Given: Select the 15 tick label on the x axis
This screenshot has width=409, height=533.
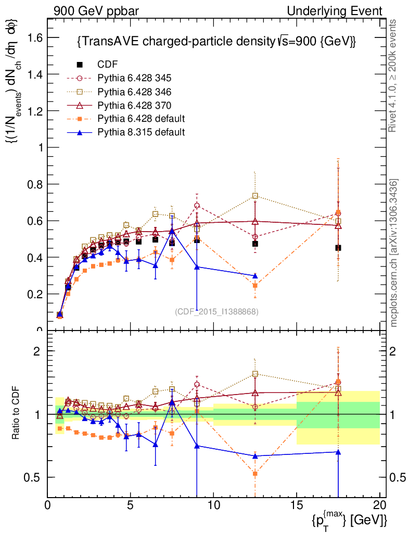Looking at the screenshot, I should click(x=296, y=504).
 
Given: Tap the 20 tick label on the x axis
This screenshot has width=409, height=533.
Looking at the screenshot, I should click(x=379, y=504).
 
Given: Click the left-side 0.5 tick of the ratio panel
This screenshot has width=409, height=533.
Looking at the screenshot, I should click(x=35, y=477).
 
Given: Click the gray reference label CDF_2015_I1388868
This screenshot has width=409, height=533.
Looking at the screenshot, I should click(x=217, y=311).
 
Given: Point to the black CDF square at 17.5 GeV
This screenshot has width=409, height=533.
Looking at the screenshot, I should click(x=338, y=248).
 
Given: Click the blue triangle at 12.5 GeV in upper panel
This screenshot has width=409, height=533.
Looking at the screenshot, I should click(x=255, y=276).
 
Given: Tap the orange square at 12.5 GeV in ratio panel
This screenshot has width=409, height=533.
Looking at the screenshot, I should click(x=255, y=474).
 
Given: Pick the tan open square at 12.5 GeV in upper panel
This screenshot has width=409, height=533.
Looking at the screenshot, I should click(x=255, y=196).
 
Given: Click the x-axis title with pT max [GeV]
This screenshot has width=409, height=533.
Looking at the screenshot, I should click(x=350, y=519).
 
